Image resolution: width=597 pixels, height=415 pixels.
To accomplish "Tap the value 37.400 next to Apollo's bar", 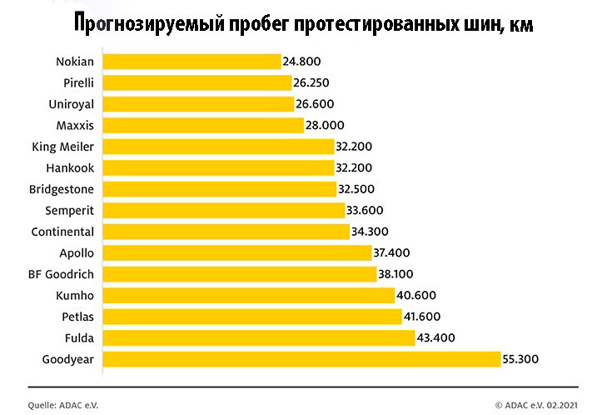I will coord(394,252).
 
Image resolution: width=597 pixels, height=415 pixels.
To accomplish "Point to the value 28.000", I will coord(326,125).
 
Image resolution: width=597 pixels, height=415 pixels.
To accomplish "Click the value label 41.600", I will coord(423,317).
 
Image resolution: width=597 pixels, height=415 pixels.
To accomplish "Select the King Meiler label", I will coord(62,147).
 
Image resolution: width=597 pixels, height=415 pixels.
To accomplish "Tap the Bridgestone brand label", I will coord(62,189).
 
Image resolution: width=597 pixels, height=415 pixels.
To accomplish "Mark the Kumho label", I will coord(75,295).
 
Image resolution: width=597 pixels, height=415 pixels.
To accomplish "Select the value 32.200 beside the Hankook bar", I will coord(354,167).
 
